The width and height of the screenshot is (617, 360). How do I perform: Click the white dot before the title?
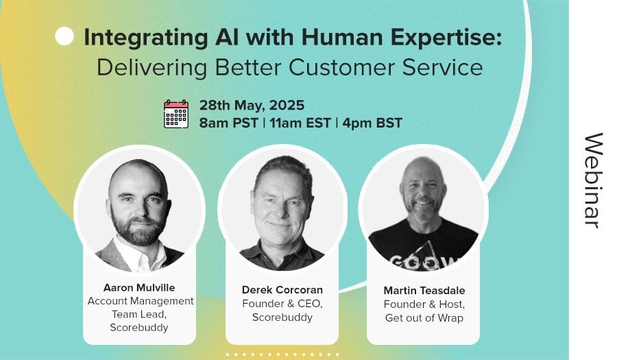(64, 36)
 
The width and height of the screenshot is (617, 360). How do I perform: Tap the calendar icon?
(176, 114)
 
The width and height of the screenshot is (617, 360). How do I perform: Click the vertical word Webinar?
(594, 180)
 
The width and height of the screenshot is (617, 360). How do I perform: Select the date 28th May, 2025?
(252, 106)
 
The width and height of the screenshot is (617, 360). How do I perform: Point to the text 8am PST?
(228, 123)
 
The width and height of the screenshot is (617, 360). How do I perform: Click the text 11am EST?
(300, 123)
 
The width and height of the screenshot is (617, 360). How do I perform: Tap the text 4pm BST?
(372, 123)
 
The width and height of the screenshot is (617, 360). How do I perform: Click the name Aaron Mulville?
(139, 287)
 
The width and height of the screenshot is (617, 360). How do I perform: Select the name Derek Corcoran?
(282, 290)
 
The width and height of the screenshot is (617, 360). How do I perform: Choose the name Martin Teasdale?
(424, 291)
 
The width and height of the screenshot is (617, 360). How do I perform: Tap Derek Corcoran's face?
(280, 204)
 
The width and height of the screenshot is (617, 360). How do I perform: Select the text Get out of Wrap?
(424, 318)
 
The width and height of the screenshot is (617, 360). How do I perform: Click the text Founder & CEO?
(282, 304)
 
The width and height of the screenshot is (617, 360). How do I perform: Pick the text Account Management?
(141, 301)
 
